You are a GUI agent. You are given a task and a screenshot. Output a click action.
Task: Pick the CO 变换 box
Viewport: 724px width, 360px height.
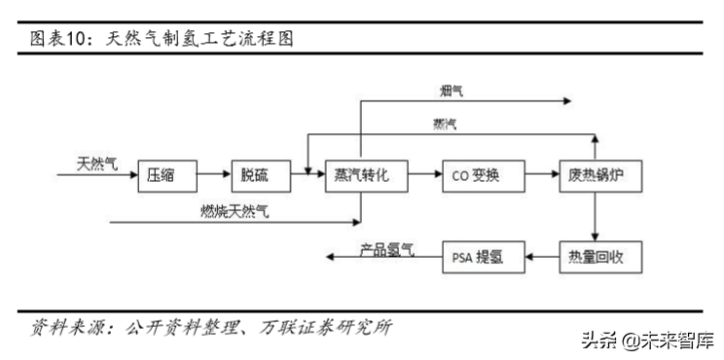point(475,175)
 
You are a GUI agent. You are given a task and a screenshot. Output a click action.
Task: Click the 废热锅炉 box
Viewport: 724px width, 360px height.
point(595,175)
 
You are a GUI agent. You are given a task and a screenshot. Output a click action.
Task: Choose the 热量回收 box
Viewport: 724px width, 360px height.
point(595,257)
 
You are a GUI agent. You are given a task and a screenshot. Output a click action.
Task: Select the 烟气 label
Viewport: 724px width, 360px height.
point(451,90)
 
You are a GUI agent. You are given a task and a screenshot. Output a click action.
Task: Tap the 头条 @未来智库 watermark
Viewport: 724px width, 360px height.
point(647,342)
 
